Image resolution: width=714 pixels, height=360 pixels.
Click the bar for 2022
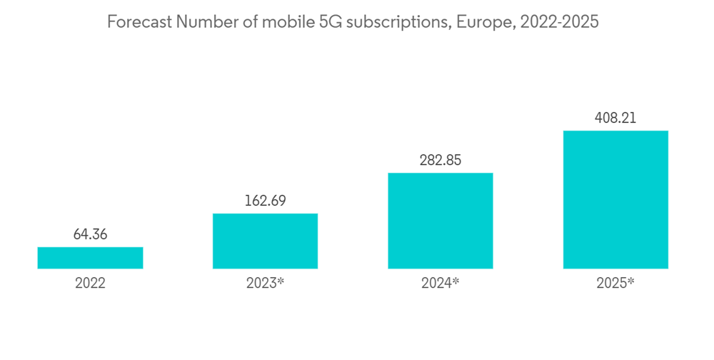pyautogui.click(x=90, y=258)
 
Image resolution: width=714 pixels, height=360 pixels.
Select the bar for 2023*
pyautogui.click(x=265, y=241)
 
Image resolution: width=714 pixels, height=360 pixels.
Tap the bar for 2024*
pyautogui.click(x=441, y=221)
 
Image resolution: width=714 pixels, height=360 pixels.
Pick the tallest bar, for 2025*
pyautogui.click(x=615, y=199)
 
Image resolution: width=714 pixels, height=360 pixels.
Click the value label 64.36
pyautogui.click(x=90, y=234)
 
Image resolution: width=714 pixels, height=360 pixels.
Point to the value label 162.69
pyautogui.click(x=265, y=201)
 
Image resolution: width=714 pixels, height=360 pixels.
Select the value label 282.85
pyautogui.click(x=441, y=160)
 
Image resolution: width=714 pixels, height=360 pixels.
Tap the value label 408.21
pyautogui.click(x=615, y=118)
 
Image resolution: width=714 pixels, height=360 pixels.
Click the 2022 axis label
pyautogui.click(x=90, y=284)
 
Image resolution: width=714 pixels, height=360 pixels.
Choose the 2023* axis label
pyautogui.click(x=265, y=284)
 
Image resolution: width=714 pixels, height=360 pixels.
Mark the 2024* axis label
pyautogui.click(x=441, y=284)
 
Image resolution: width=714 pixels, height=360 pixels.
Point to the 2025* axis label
pyautogui.click(x=615, y=284)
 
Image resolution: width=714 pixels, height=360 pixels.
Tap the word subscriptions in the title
pyautogui.click(x=402, y=22)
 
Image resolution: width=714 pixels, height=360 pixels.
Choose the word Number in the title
pyautogui.click(x=207, y=22)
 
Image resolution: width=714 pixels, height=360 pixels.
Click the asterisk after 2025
pyautogui.click(x=631, y=281)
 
